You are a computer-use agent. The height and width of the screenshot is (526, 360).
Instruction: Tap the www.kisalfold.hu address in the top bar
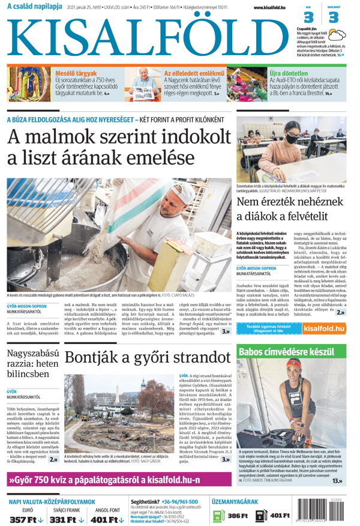[x=266, y=8]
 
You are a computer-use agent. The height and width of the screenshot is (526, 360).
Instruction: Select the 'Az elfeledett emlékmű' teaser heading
[x=194, y=73]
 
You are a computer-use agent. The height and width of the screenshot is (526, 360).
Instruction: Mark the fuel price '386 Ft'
[x=237, y=516]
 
